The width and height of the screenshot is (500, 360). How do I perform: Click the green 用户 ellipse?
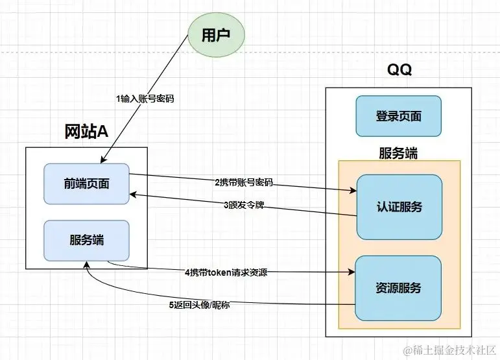pos(216,36)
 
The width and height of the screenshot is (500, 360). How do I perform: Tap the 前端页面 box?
pos(86,184)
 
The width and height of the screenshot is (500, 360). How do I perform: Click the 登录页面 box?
pos(398,116)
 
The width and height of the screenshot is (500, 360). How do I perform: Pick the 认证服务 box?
pos(399,207)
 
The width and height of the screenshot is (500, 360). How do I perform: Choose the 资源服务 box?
pos(399,287)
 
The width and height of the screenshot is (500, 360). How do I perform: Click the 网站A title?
pos(86,132)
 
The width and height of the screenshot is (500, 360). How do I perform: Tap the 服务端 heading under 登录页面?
pos(398,153)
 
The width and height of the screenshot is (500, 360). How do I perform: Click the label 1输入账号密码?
pos(145,99)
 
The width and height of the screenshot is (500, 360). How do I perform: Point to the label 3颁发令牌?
pos(244,206)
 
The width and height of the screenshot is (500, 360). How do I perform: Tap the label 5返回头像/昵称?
pos(198,304)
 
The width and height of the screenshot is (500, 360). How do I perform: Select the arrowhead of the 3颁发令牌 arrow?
pos(133,193)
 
